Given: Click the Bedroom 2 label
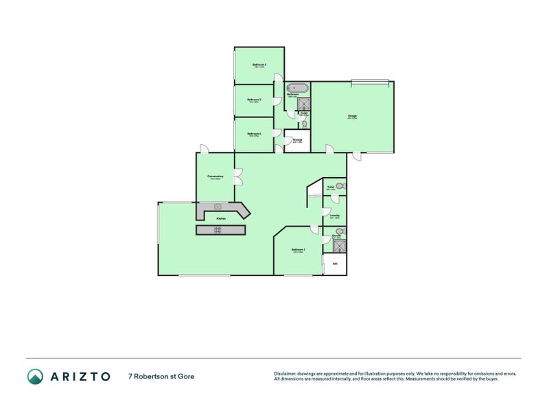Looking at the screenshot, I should point(259,65).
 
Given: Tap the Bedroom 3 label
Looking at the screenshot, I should point(254,100).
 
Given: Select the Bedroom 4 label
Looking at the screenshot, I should point(254,134).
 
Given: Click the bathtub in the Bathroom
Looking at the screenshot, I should point(297,88).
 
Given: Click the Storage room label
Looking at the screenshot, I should point(298,140).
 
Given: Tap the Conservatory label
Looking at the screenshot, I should point(215,177).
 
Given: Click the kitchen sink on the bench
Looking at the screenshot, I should point(218,206).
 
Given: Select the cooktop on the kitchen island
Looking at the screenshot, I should point(217,230).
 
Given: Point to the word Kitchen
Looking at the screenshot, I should point(221,218).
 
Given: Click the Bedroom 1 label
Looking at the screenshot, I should point(298,250).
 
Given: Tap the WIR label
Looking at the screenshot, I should point(335,264).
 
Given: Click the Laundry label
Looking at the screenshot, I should point(335,216).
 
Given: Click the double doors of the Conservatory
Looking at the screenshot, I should point(237,177).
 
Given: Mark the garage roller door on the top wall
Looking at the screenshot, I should point(372,81).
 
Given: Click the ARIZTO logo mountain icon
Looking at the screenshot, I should point(35,376).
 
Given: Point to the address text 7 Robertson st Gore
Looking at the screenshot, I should point(165,376).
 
